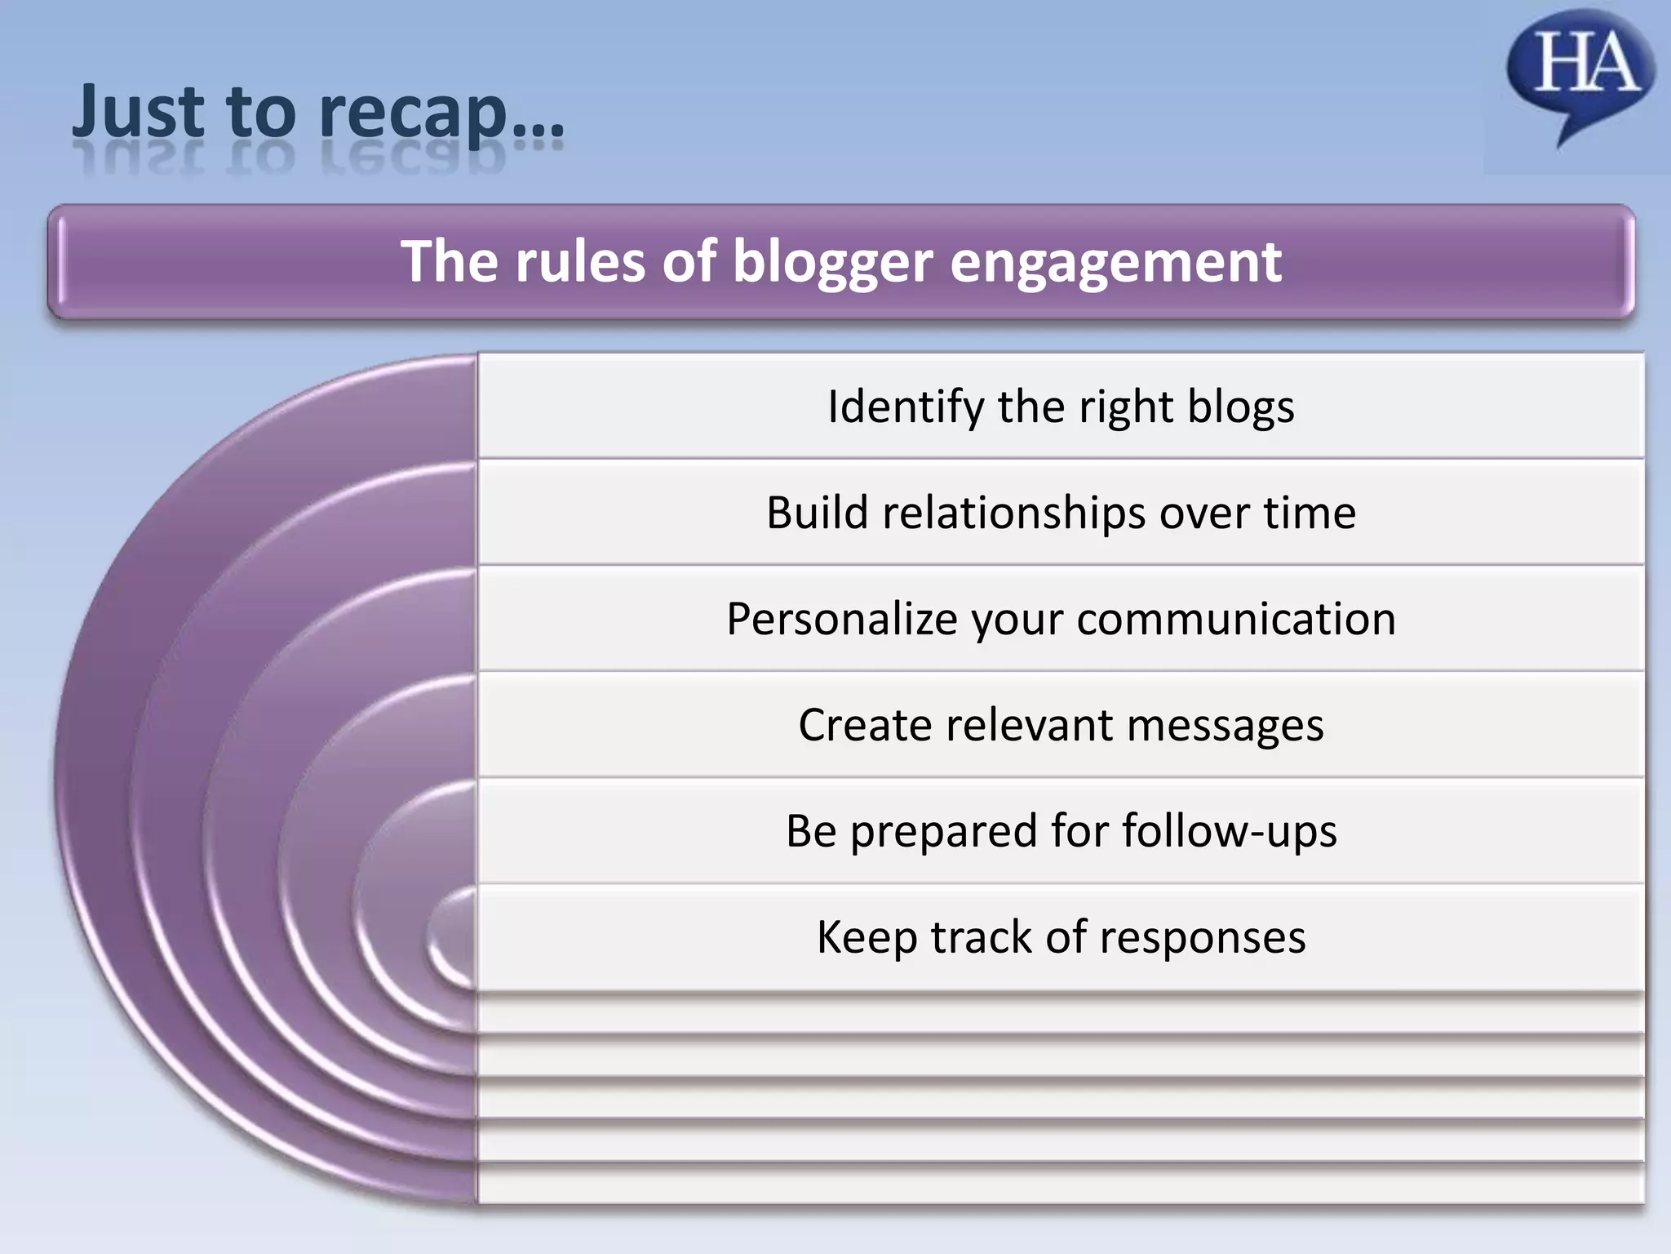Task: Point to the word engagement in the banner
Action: click(x=1116, y=263)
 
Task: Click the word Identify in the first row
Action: click(x=906, y=407)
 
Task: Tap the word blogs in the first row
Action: click(x=1240, y=407)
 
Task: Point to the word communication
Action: click(x=1236, y=619)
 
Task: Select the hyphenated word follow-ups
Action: click(x=1230, y=831)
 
